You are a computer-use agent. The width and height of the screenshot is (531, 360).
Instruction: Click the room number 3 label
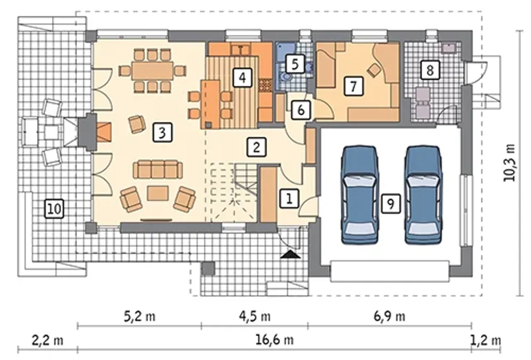pyautogui.click(x=162, y=132)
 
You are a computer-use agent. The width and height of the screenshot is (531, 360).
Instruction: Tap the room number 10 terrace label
pyautogui.click(x=54, y=209)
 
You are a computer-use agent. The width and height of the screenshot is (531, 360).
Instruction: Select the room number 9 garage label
pyautogui.click(x=391, y=203)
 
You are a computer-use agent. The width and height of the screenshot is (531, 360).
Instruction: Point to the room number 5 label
pyautogui.click(x=295, y=64)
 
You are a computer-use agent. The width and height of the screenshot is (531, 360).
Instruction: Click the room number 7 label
pyautogui.click(x=353, y=86)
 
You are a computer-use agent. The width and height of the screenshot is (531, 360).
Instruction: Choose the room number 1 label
pyautogui.click(x=289, y=199)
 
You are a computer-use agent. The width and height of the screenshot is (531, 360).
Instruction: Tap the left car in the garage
pyautogui.click(x=360, y=195)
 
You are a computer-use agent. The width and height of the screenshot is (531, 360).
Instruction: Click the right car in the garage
pyautogui.click(x=424, y=195)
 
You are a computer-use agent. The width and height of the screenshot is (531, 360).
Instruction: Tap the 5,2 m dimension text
pyautogui.click(x=140, y=316)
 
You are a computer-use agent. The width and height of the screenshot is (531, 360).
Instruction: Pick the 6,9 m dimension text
pyautogui.click(x=389, y=316)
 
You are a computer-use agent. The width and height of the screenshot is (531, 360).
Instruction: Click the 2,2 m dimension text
pyautogui.click(x=47, y=341)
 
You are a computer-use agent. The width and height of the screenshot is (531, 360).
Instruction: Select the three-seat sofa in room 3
pyautogui.click(x=158, y=170)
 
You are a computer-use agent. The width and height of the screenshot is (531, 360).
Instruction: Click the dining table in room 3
pyautogui.click(x=152, y=71)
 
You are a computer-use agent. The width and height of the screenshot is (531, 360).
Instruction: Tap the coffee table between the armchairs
pyautogui.click(x=158, y=193)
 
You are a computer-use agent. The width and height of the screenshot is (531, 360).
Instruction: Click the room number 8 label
pyautogui.click(x=430, y=70)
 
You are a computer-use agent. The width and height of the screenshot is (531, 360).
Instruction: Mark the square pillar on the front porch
pyautogui.click(x=208, y=269)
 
